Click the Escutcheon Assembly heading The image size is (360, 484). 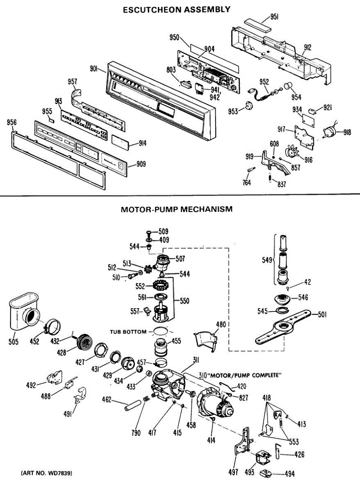point(176,10)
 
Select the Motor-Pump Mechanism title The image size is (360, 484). point(176,209)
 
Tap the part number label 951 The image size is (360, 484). point(274,17)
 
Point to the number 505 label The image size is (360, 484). point(13,342)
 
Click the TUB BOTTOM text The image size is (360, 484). point(128,332)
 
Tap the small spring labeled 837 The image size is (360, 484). point(270,177)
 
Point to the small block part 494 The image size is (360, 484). point(266,473)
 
